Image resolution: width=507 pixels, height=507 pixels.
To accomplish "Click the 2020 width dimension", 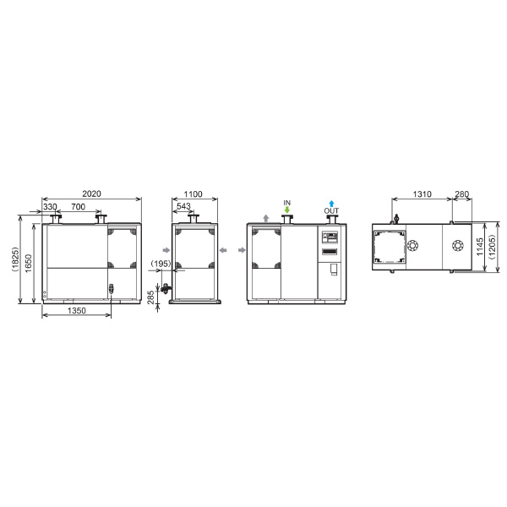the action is (x=91, y=194).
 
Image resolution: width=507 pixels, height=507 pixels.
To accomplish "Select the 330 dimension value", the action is (x=50, y=207).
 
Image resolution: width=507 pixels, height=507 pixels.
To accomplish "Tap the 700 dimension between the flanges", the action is (x=78, y=207).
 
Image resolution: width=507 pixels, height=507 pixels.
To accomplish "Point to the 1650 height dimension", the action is (x=29, y=263).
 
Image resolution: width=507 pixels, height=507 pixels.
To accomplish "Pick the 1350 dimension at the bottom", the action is (x=77, y=310).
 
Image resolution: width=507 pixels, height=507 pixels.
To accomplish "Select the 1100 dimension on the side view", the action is (x=193, y=194).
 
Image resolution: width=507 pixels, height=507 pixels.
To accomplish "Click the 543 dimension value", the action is (x=183, y=206).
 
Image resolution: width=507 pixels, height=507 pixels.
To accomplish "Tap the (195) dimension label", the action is (x=161, y=264).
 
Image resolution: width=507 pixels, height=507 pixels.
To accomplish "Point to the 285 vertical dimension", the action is (x=150, y=297).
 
